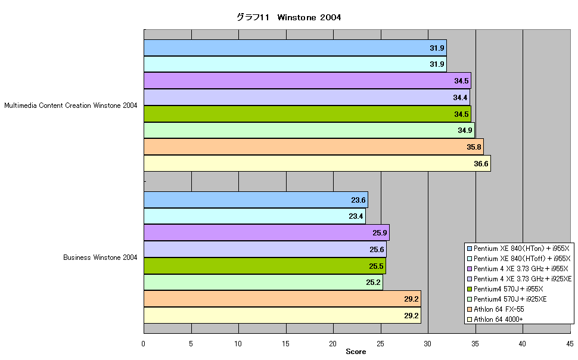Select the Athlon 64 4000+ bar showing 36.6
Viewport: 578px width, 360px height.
pyautogui.click(x=317, y=163)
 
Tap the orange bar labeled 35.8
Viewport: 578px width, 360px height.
pyautogui.click(x=313, y=147)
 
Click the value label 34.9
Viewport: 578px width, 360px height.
pyautogui.click(x=465, y=130)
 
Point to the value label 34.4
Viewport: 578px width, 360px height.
pyautogui.click(x=460, y=97)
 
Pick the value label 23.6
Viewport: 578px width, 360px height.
pyautogui.click(x=358, y=200)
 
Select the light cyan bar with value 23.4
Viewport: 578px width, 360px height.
pyautogui.click(x=254, y=216)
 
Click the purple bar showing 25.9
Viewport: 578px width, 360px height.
pyautogui.click(x=266, y=232)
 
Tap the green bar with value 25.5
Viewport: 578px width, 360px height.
pyautogui.click(x=265, y=266)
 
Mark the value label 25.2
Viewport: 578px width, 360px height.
pyautogui.click(x=373, y=282)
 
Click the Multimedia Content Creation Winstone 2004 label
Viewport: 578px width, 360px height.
pyautogui.click(x=70, y=105)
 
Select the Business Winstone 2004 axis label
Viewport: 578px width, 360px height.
pyautogui.click(x=100, y=257)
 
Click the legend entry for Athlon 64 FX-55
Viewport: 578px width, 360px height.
pyautogui.click(x=495, y=309)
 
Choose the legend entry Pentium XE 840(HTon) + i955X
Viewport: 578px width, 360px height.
pyautogui.click(x=518, y=248)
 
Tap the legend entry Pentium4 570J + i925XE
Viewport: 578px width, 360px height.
pyautogui.click(x=506, y=299)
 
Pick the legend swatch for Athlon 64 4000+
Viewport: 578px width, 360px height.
pyautogui.click(x=470, y=319)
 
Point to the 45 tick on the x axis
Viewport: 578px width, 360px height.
pyautogui.click(x=570, y=344)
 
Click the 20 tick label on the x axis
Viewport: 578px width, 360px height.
pyautogui.click(x=333, y=344)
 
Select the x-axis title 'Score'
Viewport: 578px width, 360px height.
pyautogui.click(x=356, y=352)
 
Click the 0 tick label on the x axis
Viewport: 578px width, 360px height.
pyautogui.click(x=144, y=344)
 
